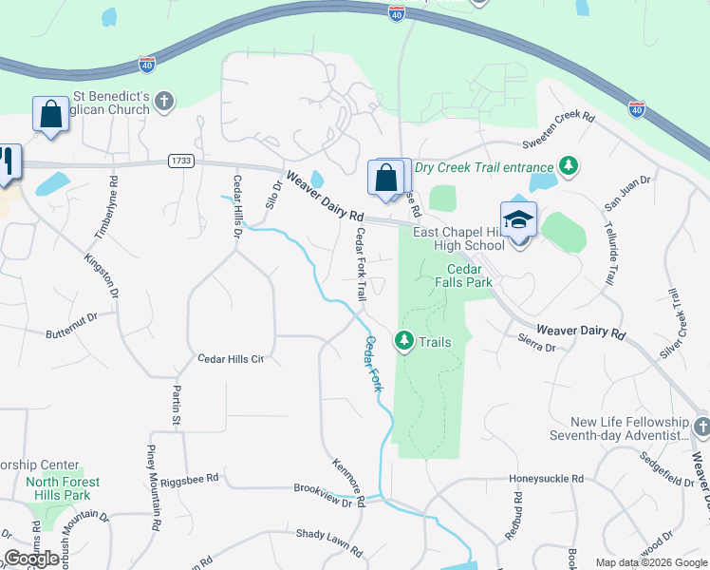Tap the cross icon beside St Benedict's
164,102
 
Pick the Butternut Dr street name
71,327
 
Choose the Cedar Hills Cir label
230,359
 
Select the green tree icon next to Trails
403,340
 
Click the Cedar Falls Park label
463,275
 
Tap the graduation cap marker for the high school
519,220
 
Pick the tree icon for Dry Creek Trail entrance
569,167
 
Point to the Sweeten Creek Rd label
558,131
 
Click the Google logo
32,559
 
